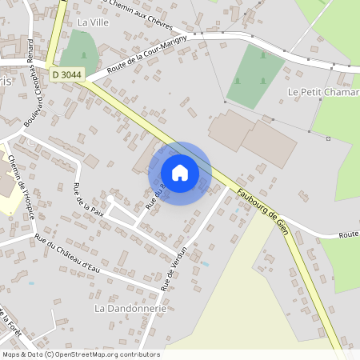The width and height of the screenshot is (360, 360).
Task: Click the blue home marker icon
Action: coord(180,173)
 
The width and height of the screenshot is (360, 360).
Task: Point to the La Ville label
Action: coord(92,22)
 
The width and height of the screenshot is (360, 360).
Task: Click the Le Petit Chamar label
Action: coord(322,92)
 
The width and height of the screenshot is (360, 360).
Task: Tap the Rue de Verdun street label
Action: coord(177,267)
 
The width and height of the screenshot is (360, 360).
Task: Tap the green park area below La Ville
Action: coord(78,49)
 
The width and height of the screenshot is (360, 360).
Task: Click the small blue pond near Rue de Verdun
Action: coord(205,263)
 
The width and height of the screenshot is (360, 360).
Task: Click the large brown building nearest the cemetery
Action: coord(231,132)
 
